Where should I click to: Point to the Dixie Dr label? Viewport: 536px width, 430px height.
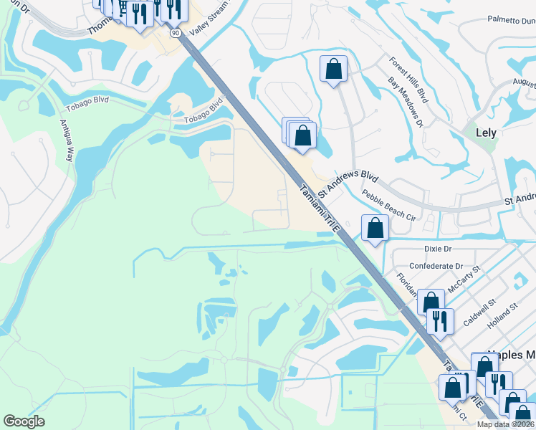coord(438,249)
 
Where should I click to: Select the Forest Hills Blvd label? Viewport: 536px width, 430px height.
coord(408,80)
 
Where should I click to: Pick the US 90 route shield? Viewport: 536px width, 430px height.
coord(175,33)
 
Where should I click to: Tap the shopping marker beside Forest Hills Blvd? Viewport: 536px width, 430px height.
coord(333,69)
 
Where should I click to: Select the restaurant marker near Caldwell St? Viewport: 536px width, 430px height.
coord(440,320)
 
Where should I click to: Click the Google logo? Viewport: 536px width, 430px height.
coord(24,421)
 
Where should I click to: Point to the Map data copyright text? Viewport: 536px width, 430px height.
coord(504,424)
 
